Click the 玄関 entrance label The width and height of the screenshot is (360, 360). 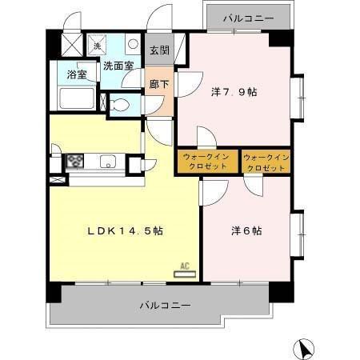tap(159, 50)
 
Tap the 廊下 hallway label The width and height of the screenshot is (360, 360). tap(157, 82)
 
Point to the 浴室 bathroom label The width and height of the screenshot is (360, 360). tap(77, 74)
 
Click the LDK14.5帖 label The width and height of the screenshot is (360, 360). tap(126, 230)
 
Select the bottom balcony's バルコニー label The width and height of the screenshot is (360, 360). tap(164, 306)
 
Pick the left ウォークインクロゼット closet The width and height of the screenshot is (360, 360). tap(207, 162)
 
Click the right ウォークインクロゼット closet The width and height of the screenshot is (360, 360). tap(265, 162)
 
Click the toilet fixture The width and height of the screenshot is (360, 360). tap(119, 104)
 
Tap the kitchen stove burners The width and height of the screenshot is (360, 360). tap(75, 161)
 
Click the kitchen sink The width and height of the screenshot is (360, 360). tap(108, 162)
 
